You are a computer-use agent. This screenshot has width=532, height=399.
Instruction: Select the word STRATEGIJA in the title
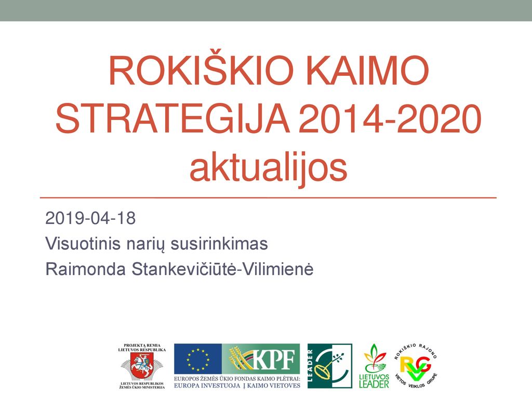click(172, 119)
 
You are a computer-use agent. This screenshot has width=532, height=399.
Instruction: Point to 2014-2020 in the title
click(390, 119)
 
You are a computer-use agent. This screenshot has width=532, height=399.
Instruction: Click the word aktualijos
click(269, 168)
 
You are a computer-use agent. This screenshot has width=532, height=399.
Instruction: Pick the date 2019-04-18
click(90, 218)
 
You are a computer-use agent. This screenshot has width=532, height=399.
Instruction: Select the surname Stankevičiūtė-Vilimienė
click(222, 269)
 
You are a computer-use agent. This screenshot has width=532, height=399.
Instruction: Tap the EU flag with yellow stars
click(198, 359)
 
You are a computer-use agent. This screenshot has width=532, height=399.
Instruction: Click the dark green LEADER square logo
click(330, 366)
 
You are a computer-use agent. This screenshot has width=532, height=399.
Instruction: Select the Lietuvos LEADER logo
click(374, 366)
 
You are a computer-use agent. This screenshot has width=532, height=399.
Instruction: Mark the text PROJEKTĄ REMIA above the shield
click(142, 345)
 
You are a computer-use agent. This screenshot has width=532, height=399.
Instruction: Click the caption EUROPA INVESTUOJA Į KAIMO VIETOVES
click(237, 386)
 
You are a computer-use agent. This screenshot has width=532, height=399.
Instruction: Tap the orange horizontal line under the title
click(268, 197)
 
